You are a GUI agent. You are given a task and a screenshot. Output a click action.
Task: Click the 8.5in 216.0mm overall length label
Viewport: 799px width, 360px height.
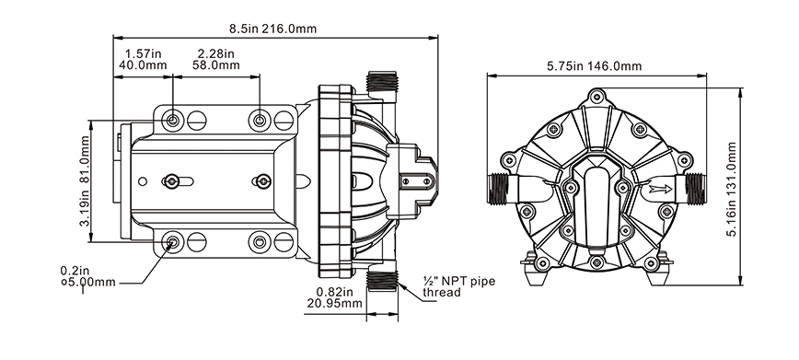point(272,29)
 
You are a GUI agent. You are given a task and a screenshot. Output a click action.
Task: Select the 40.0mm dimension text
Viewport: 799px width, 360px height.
point(143,65)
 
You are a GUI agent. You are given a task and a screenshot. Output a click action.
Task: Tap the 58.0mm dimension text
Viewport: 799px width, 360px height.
point(215,65)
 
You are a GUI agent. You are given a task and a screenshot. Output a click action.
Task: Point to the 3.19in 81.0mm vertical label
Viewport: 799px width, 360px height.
point(85,181)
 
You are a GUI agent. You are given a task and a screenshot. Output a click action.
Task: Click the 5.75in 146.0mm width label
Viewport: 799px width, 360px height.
point(594,65)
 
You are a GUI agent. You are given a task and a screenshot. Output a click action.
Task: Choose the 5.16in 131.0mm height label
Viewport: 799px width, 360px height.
point(732,189)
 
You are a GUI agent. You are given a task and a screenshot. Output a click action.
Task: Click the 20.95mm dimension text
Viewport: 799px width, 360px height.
point(334,304)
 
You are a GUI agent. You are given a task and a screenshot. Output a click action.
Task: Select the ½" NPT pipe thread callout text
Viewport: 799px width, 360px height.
point(458,286)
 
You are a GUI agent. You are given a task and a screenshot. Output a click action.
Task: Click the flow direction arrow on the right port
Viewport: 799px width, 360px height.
point(660,190)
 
